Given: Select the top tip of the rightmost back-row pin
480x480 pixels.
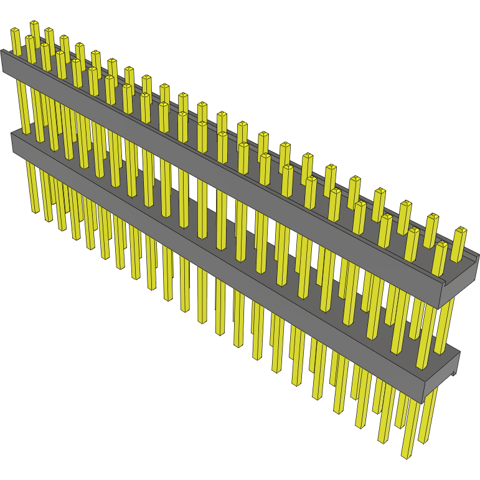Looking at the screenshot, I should click(x=459, y=230).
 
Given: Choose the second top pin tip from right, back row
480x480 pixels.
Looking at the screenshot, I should click(x=433, y=217).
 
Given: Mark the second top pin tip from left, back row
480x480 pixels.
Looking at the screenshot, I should click(x=49, y=31).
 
